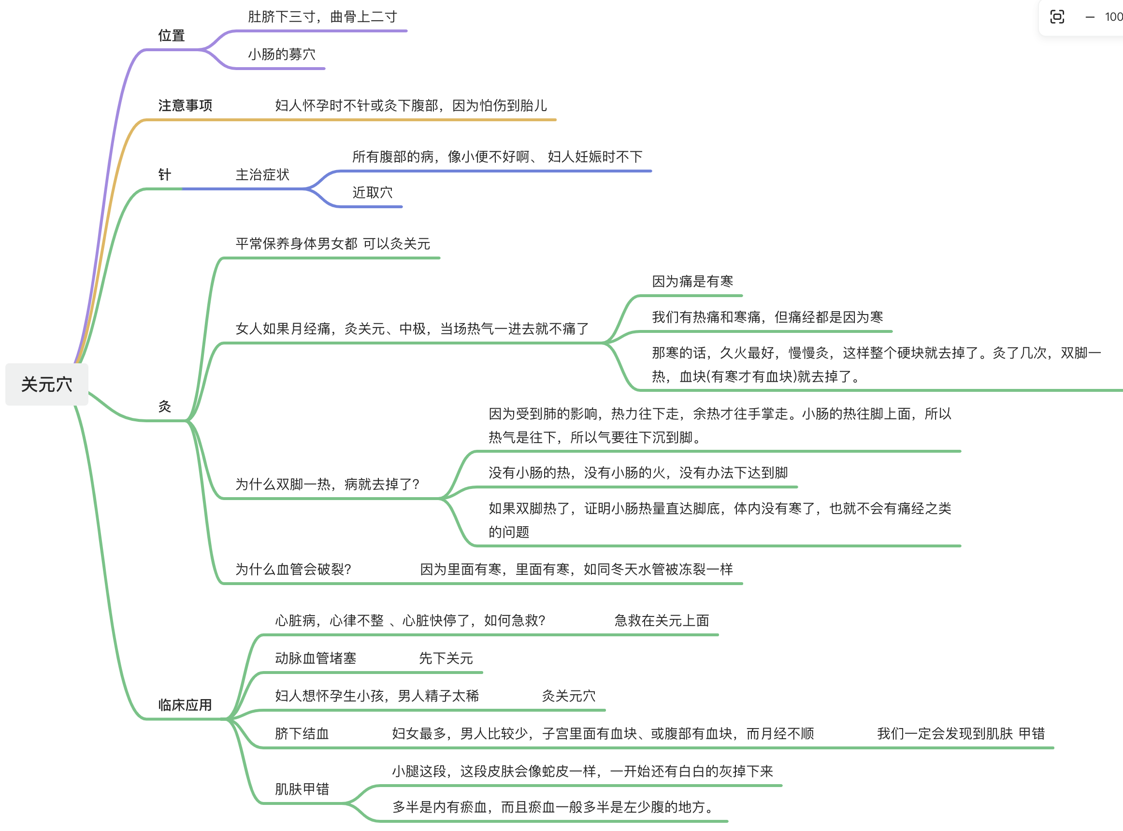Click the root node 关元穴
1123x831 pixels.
click(x=47, y=385)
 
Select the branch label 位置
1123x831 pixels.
click(x=172, y=36)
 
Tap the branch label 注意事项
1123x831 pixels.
click(x=185, y=106)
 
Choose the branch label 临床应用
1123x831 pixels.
click(x=185, y=705)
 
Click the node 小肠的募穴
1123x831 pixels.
click(x=282, y=54)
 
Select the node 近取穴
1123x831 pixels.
click(x=373, y=193)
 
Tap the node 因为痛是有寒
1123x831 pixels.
click(x=693, y=282)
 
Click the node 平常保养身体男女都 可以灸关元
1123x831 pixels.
click(x=333, y=244)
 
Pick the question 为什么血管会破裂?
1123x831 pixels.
click(x=293, y=570)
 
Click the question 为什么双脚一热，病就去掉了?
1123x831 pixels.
click(x=328, y=485)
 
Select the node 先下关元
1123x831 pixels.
click(x=446, y=659)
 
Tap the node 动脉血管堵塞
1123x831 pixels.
click(x=316, y=659)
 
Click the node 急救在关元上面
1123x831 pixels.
click(x=662, y=621)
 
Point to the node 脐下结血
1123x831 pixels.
click(x=302, y=734)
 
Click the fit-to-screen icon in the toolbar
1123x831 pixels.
click(x=1057, y=17)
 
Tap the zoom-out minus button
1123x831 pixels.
click(x=1090, y=17)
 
